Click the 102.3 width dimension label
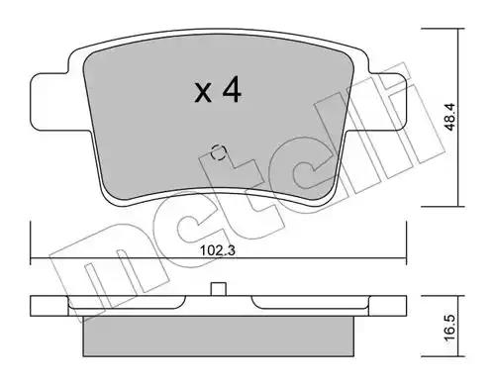click(218, 250)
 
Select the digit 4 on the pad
click(232, 89)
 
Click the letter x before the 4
click(203, 92)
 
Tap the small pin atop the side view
click(218, 289)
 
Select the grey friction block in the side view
click(218, 337)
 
